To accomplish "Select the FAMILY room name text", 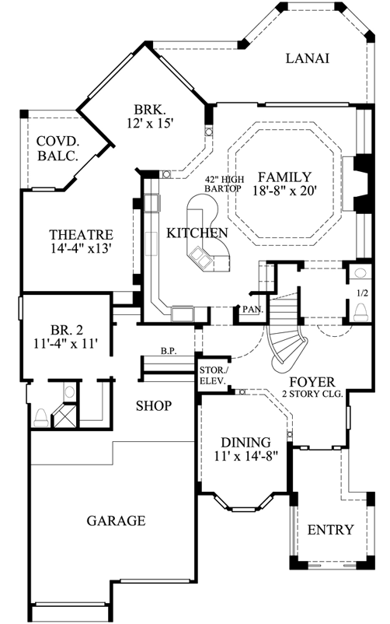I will coord(285,177).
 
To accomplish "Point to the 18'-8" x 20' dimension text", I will coord(286,191).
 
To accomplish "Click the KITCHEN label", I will coord(197,233).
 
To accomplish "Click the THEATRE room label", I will coord(82,234).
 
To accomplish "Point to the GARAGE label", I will coord(115,521).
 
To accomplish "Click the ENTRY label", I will coord(331,530).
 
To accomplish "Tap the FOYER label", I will coord(312,382).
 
